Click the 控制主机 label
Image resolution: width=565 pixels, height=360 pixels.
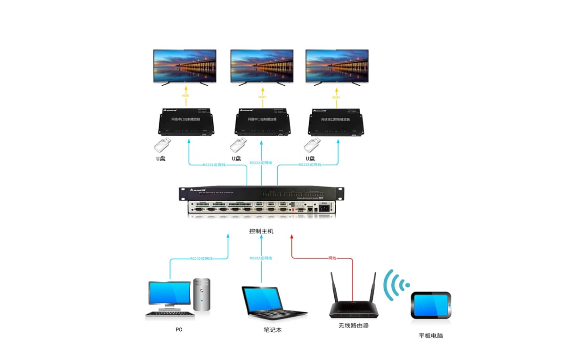pyautogui.click(x=261, y=231)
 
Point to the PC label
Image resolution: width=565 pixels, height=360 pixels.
pyautogui.click(x=179, y=329)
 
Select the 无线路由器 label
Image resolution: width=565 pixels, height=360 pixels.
pyautogui.click(x=353, y=325)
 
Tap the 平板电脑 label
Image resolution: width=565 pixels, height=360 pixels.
pyautogui.click(x=431, y=336)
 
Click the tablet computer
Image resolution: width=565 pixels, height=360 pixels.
pyautogui.click(x=431, y=305)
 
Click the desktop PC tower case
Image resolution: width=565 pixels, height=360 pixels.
pyautogui.click(x=202, y=295)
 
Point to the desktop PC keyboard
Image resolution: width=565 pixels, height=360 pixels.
pyautogui.click(x=169, y=314)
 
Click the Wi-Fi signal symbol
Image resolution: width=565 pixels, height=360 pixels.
pyautogui.click(x=394, y=286)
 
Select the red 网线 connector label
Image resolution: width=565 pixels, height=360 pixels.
pyautogui.click(x=332, y=258)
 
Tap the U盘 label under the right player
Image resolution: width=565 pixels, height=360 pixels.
pyautogui.click(x=310, y=158)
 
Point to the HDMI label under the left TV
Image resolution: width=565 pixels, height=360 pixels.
pyautogui.click(x=185, y=97)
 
